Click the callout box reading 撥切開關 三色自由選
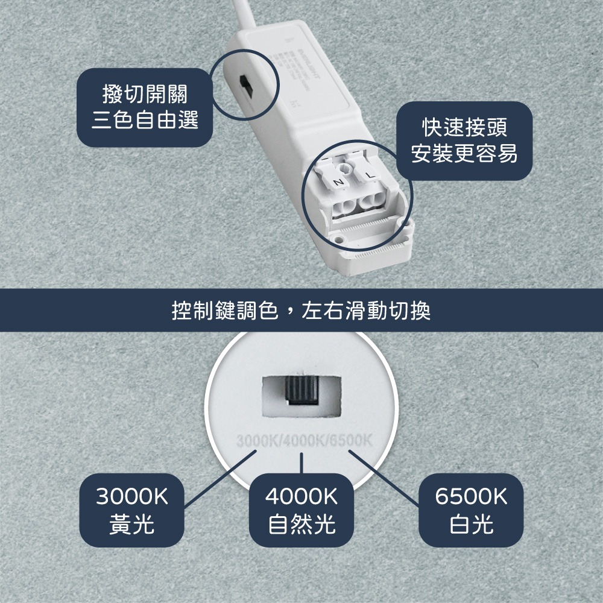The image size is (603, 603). pyautogui.click(x=145, y=106)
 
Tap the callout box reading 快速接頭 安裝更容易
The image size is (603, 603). pyautogui.click(x=464, y=140)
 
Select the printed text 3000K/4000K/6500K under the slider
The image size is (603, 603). pyautogui.click(x=301, y=438)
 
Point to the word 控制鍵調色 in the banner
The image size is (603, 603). pyautogui.click(x=224, y=311)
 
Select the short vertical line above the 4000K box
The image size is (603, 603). pyautogui.click(x=301, y=464)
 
